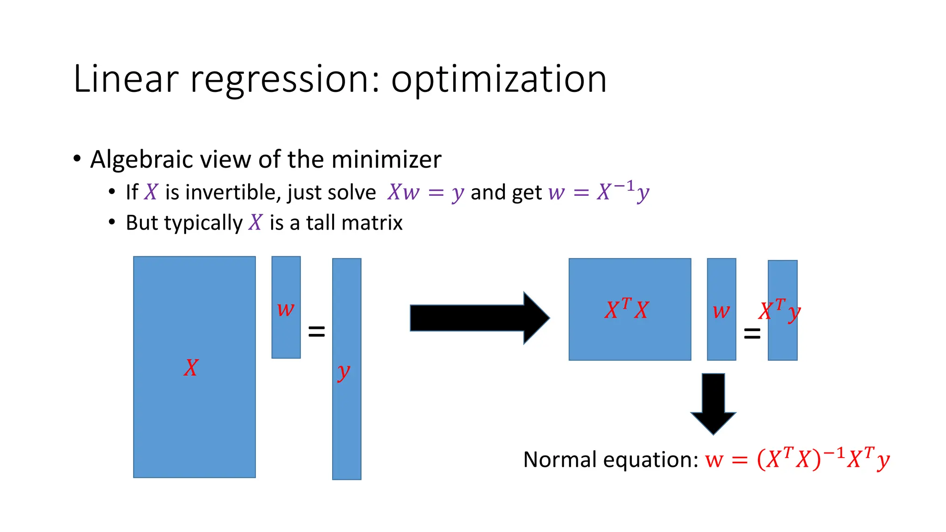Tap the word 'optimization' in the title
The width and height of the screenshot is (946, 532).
point(499,79)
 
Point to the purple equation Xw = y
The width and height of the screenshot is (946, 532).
point(425,192)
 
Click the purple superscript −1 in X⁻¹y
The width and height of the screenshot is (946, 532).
point(624,186)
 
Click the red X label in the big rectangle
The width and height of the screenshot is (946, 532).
point(191,368)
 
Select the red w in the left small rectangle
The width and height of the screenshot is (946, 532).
point(285,309)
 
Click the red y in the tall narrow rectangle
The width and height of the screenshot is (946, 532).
point(344,372)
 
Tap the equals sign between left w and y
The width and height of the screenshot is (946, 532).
point(316,331)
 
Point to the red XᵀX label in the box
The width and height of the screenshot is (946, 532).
point(627,309)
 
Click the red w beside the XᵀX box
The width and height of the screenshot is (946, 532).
point(721,311)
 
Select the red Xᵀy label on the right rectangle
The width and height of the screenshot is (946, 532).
point(780,310)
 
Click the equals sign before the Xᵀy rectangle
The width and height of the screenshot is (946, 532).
point(752,333)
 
